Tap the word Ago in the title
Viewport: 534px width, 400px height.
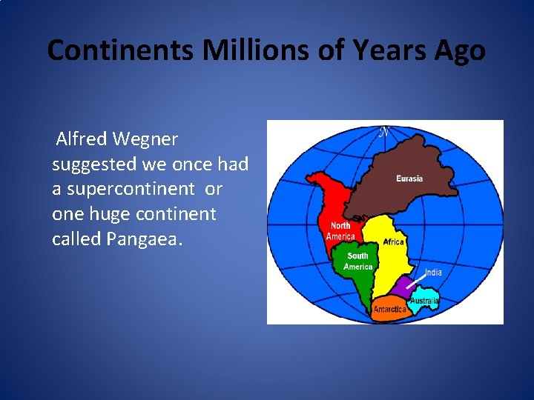pyautogui.click(x=459, y=50)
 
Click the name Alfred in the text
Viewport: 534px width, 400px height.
pyautogui.click(x=80, y=139)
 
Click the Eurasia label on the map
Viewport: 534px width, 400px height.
pyautogui.click(x=409, y=179)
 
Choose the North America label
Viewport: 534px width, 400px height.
pyautogui.click(x=340, y=230)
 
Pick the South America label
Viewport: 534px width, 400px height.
pyautogui.click(x=357, y=261)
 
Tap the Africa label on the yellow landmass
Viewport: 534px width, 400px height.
pyautogui.click(x=393, y=242)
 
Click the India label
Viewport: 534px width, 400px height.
pyautogui.click(x=433, y=273)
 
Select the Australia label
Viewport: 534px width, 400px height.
pyautogui.click(x=425, y=301)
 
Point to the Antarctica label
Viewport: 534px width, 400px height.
pyautogui.click(x=389, y=309)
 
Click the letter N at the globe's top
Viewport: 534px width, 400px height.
pyautogui.click(x=383, y=133)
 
